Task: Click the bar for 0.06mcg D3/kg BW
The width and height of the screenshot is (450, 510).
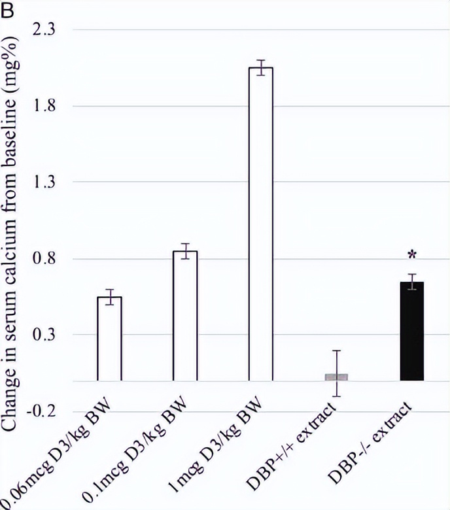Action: click(109, 339)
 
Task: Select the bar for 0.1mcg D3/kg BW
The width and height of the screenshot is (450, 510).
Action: click(185, 316)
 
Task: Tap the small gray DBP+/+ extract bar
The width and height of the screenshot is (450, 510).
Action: click(336, 377)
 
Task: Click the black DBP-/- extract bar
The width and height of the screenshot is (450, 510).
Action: click(411, 331)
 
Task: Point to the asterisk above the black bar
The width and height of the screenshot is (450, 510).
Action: click(412, 254)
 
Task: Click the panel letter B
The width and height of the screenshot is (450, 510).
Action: click(7, 9)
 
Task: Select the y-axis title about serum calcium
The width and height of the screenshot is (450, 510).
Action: click(16, 222)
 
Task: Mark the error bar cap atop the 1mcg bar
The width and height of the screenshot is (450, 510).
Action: click(261, 60)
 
